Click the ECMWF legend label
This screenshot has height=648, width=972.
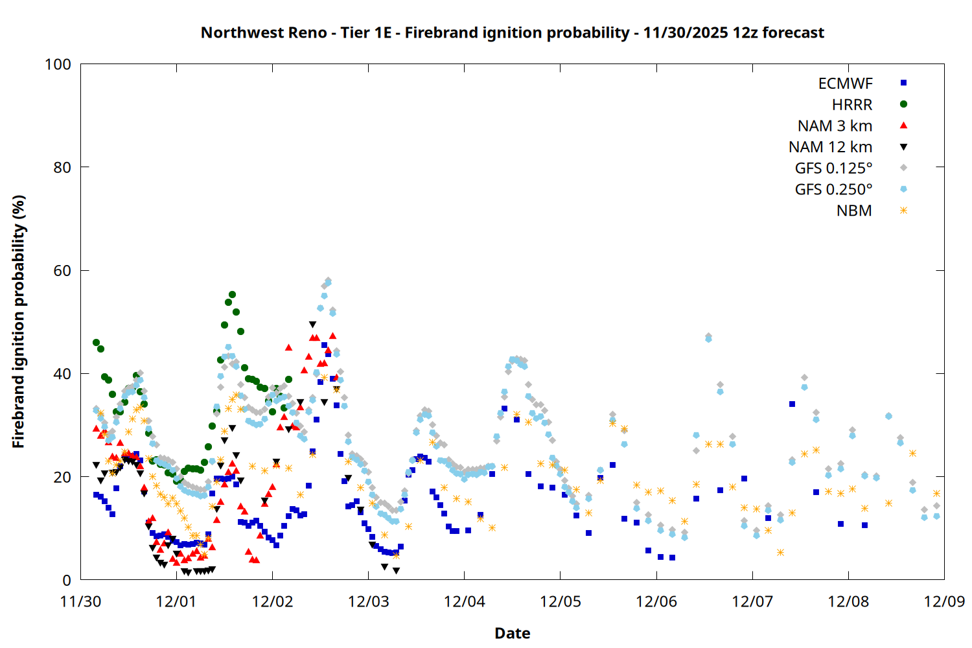tap(845, 84)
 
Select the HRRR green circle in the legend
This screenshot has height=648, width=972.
tap(903, 104)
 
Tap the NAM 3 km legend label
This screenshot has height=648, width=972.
tap(835, 126)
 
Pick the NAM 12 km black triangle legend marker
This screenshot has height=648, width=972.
tap(903, 147)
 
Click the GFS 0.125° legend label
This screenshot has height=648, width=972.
tap(833, 168)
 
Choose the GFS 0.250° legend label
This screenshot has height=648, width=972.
tap(833, 190)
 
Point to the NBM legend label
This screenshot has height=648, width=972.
tap(854, 211)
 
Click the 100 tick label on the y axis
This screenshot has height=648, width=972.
tap(58, 64)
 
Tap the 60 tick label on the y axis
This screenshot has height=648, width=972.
tap(62, 271)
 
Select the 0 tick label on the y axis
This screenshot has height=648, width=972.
tap(67, 581)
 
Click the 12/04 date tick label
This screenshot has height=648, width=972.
tap(464, 601)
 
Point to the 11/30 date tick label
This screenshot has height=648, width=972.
tap(80, 601)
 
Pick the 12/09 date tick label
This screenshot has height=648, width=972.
tap(944, 601)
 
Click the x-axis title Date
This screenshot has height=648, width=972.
tap(512, 633)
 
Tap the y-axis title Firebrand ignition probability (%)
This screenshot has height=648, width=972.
tap(19, 321)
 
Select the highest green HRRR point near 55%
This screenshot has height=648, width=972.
tap(232, 295)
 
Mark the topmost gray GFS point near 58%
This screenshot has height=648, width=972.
tap(328, 281)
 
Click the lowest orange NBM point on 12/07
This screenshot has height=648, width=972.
tap(780, 553)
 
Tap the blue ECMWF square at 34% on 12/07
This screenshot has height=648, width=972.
tap(792, 404)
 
